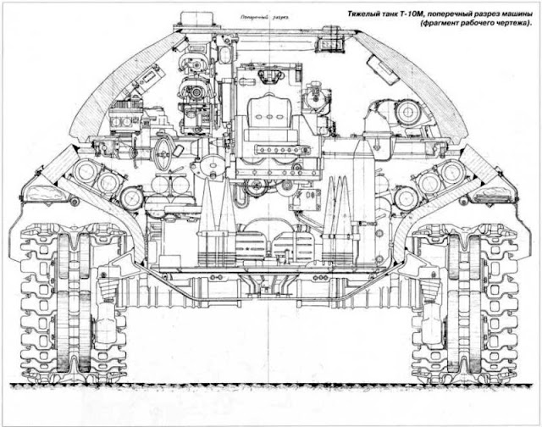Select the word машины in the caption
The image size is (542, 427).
(515, 12)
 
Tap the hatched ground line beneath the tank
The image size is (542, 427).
(271, 386)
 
